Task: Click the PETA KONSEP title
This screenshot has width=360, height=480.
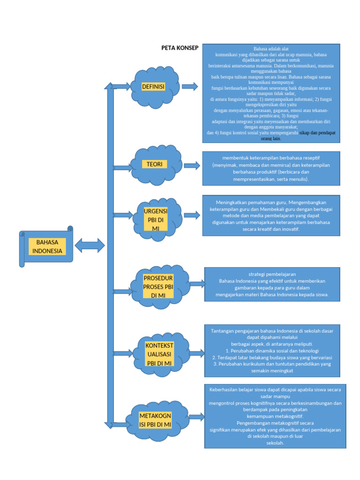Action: pyautogui.click(x=180, y=48)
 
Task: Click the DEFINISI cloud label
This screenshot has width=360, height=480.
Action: pyautogui.click(x=153, y=87)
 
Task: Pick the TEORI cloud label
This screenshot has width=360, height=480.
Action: pyautogui.click(x=154, y=164)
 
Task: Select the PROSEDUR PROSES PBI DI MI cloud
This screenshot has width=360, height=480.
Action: pyautogui.click(x=158, y=286)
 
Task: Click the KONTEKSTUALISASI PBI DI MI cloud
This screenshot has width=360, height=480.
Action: pyautogui.click(x=159, y=354)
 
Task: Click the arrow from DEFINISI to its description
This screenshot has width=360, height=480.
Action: pyautogui.click(x=190, y=86)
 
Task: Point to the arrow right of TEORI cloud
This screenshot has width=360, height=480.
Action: pyautogui.click(x=192, y=165)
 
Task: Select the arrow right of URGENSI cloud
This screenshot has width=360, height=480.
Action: pyautogui.click(x=192, y=215)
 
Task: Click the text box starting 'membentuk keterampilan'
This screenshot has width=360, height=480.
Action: pyautogui.click(x=271, y=168)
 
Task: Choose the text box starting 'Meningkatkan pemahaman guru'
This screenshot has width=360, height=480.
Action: pyautogui.click(x=271, y=216)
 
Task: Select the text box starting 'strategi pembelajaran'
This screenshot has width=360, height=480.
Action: pyautogui.click(x=272, y=284)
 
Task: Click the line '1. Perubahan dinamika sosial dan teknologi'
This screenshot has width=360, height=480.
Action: pyautogui.click(x=272, y=350)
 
